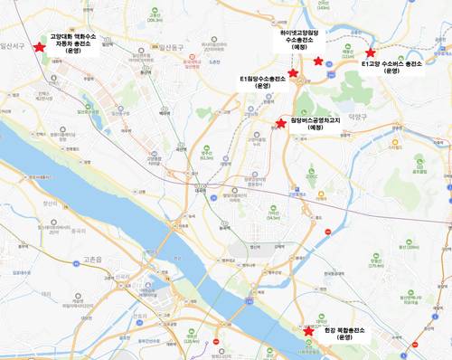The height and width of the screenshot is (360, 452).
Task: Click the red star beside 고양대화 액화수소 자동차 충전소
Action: coord(39,48)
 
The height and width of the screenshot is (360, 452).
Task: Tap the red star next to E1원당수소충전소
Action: coord(293,72)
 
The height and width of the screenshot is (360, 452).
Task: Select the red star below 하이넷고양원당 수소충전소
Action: coord(318,60)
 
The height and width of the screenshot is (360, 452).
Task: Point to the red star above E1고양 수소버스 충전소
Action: coord(370,53)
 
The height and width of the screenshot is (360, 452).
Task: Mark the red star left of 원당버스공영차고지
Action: coord(281,122)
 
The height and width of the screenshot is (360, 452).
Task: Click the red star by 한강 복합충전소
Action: coord(309,331)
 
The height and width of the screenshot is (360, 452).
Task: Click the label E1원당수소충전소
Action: coord(263,80)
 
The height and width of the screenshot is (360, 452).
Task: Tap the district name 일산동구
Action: coord(172,43)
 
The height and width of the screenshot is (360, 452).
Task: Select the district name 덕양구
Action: coord(359,116)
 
